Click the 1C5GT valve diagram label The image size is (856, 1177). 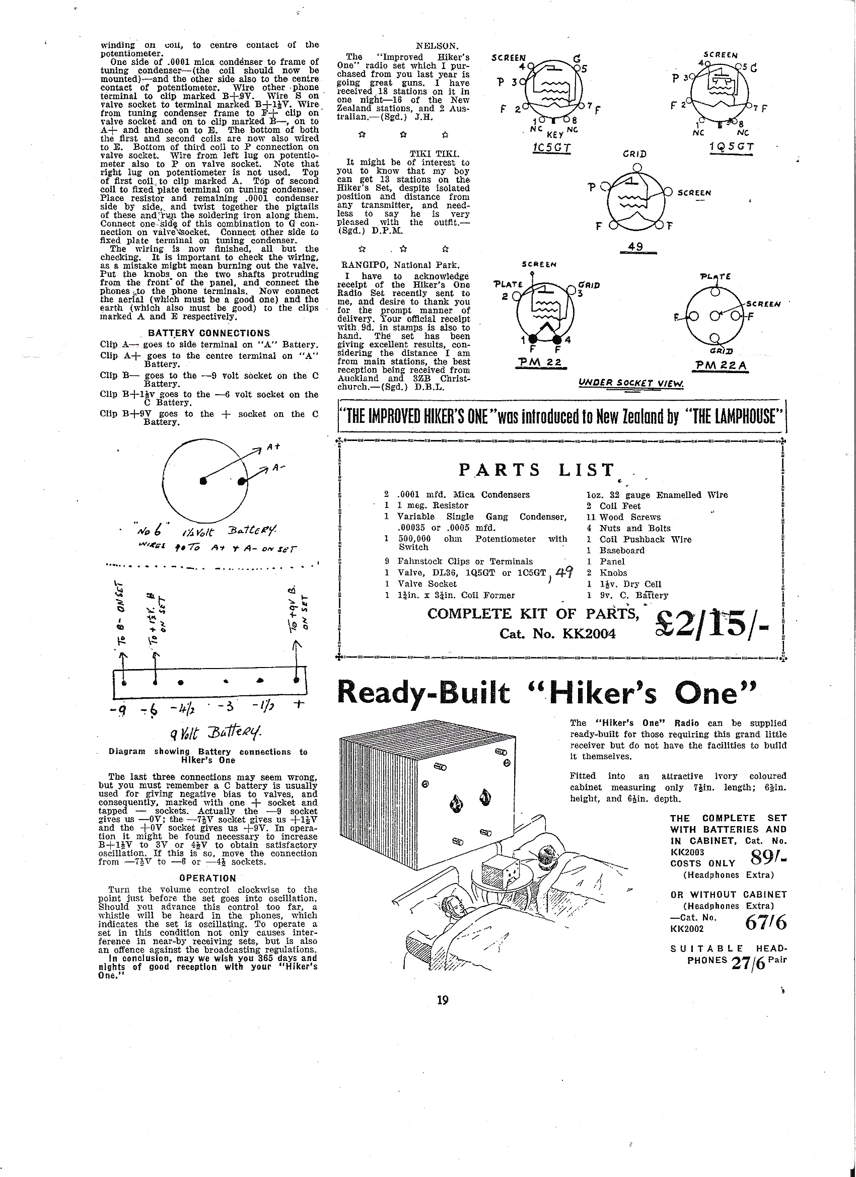pos(552,148)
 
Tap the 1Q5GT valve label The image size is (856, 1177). pos(731,146)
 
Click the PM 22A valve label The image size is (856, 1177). pos(720,365)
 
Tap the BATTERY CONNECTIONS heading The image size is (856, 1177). pos(208,333)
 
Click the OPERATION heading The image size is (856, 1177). pos(207,878)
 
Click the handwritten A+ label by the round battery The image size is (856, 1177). pos(273,447)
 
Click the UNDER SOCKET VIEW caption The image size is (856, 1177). pos(631,384)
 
